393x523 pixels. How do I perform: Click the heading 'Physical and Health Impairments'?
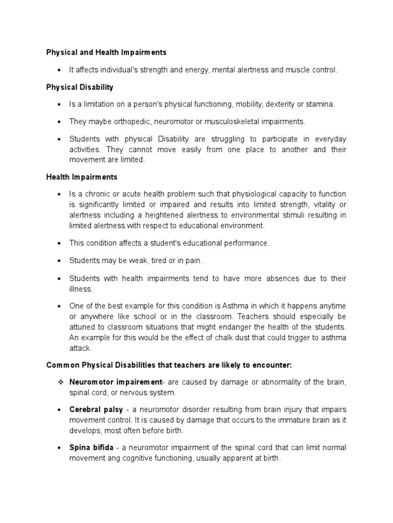(106, 52)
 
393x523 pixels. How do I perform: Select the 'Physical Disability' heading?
(80, 87)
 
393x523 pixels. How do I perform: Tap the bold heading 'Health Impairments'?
(81, 177)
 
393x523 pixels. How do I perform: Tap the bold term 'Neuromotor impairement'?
(116, 383)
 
